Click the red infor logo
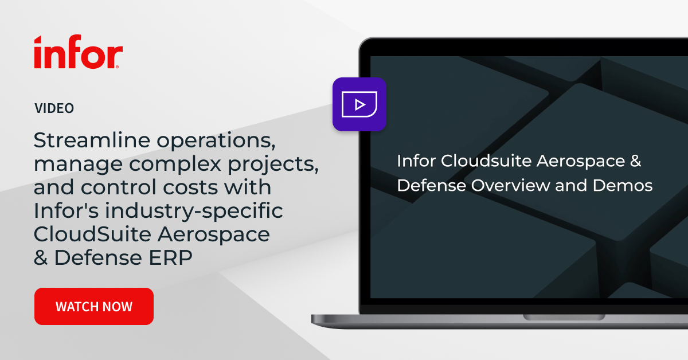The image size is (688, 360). tap(78, 53)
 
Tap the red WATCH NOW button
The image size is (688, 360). tap(94, 307)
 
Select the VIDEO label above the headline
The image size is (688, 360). tap(54, 108)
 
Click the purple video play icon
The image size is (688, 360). tap(359, 104)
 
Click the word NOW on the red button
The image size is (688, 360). tap(118, 307)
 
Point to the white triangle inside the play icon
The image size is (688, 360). tap(360, 104)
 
